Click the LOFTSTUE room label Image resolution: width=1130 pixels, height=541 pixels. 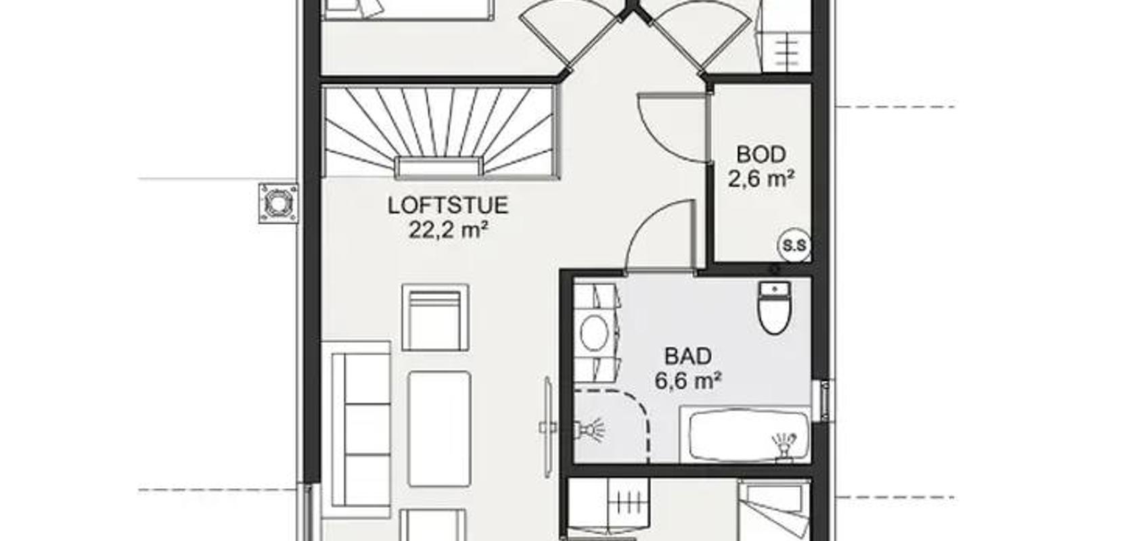(x=448, y=206)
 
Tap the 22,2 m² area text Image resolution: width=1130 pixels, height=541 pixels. (x=448, y=230)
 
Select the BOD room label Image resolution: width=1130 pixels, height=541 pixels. (x=761, y=155)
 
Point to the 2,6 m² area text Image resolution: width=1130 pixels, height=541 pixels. (x=761, y=179)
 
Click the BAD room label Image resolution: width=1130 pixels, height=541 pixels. (x=688, y=356)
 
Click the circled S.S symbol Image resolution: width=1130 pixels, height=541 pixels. (x=794, y=245)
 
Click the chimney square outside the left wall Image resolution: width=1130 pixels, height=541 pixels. (x=278, y=203)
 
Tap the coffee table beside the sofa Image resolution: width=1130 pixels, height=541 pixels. (x=439, y=429)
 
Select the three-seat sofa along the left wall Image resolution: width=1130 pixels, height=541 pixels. (x=356, y=429)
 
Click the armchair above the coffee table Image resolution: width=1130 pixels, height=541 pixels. (x=435, y=317)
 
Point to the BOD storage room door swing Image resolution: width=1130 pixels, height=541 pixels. (x=671, y=128)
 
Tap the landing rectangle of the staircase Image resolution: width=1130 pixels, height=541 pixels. (x=438, y=168)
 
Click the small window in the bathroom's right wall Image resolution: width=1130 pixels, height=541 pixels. (x=824, y=400)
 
